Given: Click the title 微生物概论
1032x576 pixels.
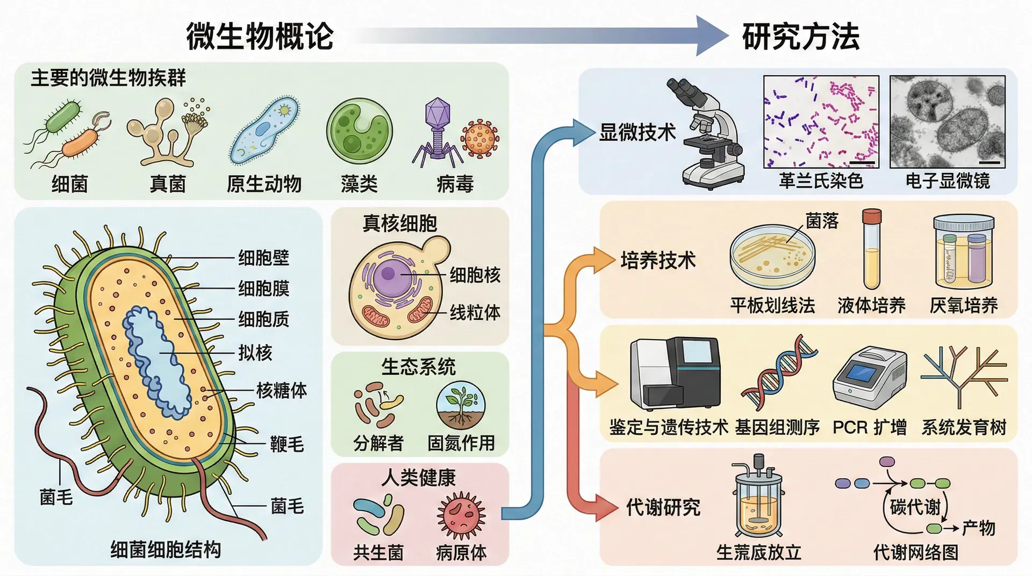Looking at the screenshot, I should point(260,37).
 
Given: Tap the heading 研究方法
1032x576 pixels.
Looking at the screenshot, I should point(800,37).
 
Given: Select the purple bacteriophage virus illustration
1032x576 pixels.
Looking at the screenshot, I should point(436,129).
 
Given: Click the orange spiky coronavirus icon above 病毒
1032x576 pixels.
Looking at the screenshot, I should point(479,139).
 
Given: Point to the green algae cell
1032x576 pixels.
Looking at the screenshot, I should point(359,131).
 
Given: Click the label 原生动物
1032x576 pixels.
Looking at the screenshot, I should point(264,184).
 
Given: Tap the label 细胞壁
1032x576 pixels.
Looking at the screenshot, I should point(263,258).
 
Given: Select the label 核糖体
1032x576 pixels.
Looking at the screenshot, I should point(281,391).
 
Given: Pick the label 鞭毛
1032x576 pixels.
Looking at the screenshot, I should point(286,444).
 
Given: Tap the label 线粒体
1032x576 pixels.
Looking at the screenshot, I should point(475,312).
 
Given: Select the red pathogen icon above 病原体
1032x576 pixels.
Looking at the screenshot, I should point(461,515).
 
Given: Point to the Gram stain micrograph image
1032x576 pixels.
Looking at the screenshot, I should point(821,122).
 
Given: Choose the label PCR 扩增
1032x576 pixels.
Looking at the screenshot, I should point(869,428).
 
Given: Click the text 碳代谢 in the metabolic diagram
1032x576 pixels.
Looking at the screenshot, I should point(915,507).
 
